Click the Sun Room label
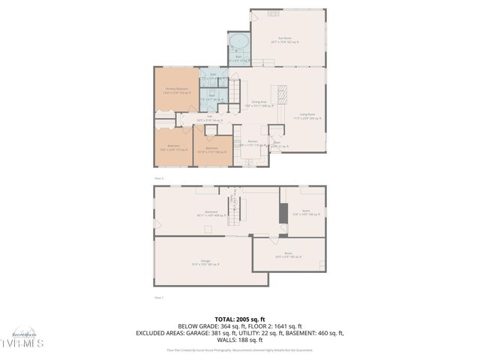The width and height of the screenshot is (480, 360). point(284,37)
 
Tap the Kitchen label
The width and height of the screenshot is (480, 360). point(253,142)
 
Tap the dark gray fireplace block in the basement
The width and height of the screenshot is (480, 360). point(282,213)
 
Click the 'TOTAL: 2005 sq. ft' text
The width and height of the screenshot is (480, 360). point(239,318)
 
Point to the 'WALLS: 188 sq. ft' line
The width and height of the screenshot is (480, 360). point(239,340)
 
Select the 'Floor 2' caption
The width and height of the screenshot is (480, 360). point(159,178)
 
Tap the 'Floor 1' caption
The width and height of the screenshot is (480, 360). point(159,298)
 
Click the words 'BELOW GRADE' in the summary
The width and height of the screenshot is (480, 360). point(196,326)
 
